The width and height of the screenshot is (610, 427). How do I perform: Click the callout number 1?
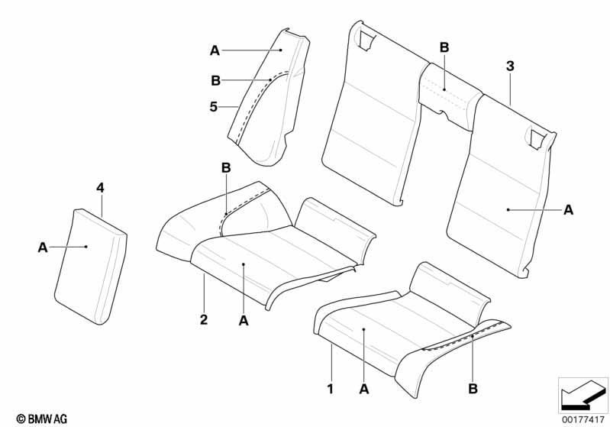click(x=331, y=389)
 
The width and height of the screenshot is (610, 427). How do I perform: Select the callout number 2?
click(x=204, y=319)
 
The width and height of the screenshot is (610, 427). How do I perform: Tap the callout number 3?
click(x=510, y=66)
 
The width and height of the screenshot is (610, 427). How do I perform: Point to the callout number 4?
click(x=100, y=189)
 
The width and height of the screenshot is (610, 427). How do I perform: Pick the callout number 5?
click(x=213, y=107)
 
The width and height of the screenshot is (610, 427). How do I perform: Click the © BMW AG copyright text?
click(x=42, y=419)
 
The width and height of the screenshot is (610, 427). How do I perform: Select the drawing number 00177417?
click(x=583, y=419)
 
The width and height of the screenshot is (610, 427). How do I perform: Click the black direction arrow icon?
click(x=583, y=394)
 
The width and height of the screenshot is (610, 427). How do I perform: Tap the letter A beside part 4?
click(x=43, y=247)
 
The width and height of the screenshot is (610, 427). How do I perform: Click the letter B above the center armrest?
click(x=444, y=47)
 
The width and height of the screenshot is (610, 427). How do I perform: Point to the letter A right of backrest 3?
click(x=568, y=210)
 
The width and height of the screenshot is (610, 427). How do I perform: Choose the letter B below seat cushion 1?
click(x=473, y=389)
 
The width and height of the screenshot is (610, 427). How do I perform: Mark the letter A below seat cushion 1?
click(x=363, y=389)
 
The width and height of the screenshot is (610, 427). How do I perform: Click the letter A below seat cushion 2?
click(x=243, y=320)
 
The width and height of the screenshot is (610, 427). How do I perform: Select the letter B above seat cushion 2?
click(x=226, y=168)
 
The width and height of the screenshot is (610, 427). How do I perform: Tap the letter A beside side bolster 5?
click(x=215, y=50)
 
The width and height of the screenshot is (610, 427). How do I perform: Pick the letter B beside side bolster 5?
click(x=215, y=80)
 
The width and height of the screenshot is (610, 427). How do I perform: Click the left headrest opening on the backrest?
click(x=366, y=40)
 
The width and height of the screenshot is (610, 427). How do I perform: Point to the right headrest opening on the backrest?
click(x=536, y=139)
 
